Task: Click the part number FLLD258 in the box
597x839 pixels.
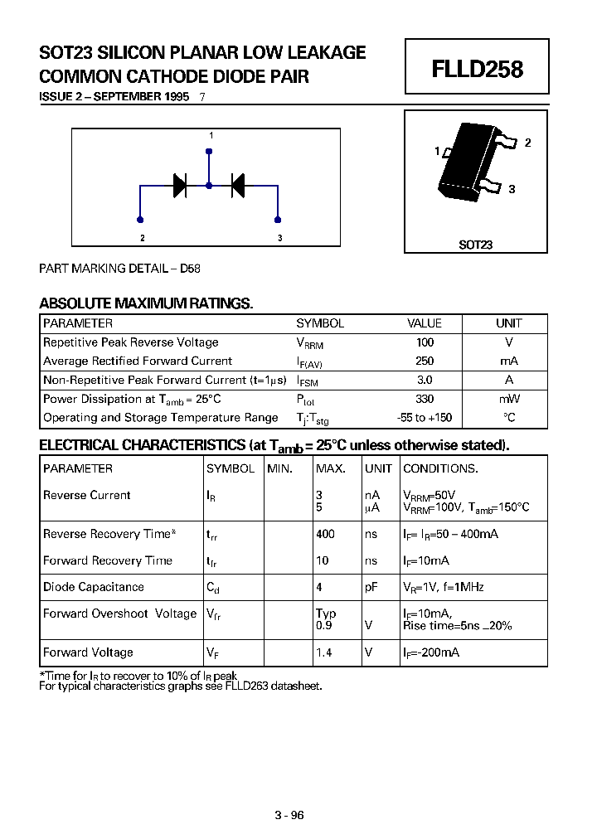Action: click(477, 70)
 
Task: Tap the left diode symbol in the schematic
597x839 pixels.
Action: click(180, 186)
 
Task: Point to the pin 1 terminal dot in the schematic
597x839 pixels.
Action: click(209, 152)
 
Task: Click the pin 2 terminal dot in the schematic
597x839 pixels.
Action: click(140, 220)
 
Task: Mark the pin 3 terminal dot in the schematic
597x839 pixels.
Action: click(278, 220)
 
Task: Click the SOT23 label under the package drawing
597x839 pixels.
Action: click(476, 245)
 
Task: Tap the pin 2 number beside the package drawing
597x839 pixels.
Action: click(527, 143)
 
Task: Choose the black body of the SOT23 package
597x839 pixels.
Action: click(468, 164)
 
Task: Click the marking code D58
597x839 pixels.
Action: click(190, 269)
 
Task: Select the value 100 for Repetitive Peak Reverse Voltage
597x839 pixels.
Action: click(425, 342)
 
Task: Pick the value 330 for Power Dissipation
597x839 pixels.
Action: click(425, 399)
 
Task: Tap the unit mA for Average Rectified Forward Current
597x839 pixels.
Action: click(509, 361)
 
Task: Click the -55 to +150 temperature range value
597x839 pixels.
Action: click(425, 418)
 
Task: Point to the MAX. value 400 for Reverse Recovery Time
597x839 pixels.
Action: click(325, 535)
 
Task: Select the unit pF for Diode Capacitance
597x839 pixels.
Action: click(371, 587)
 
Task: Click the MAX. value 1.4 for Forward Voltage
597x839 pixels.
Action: click(324, 652)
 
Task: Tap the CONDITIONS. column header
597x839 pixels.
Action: click(440, 468)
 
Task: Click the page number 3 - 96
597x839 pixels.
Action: click(289, 815)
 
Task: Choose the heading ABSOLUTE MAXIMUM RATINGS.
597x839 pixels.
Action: click(146, 303)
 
